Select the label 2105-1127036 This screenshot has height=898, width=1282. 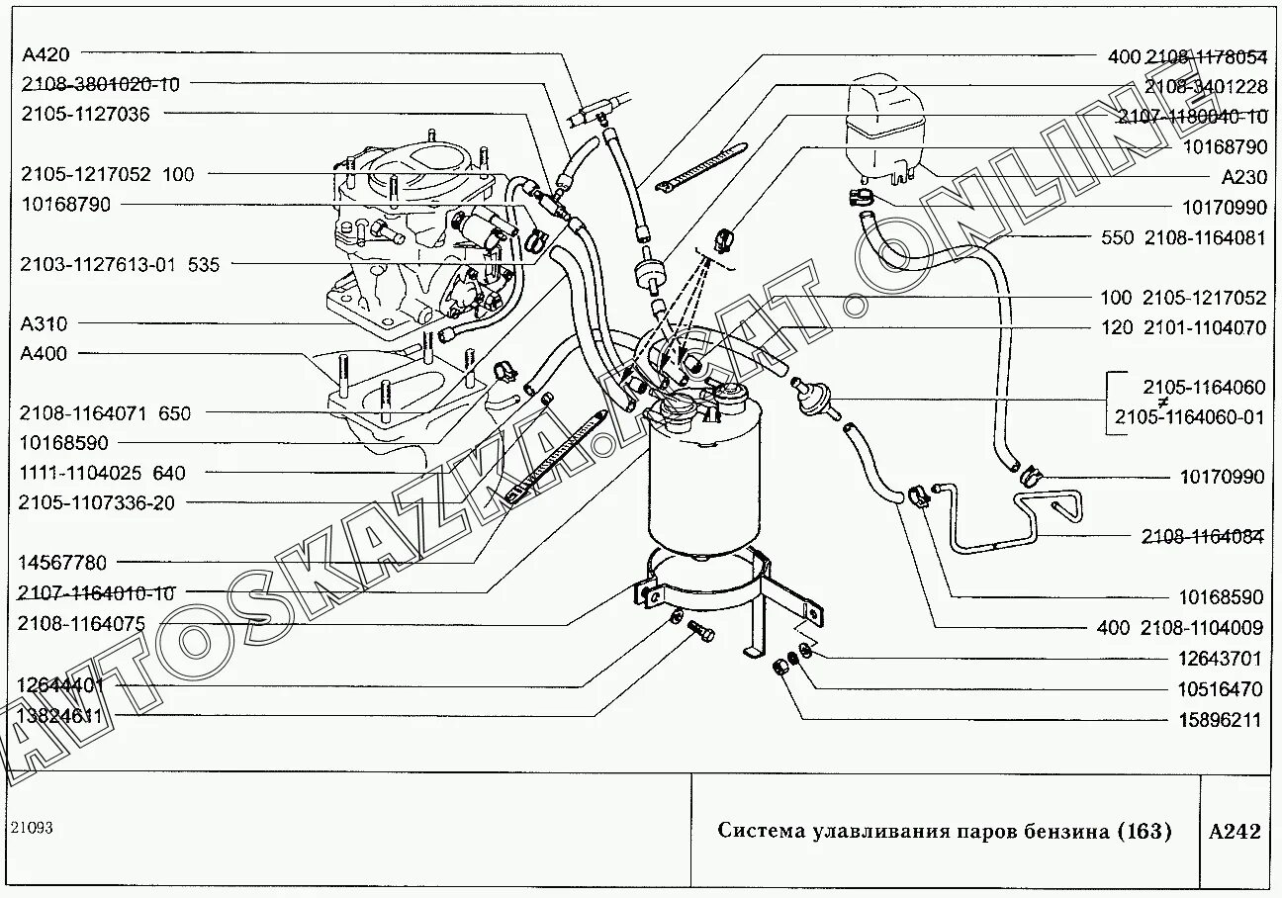85,114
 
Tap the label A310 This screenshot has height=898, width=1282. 42,323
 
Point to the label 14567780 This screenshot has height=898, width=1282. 61,562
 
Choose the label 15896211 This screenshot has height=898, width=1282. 1221,720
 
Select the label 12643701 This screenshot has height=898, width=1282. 1221,658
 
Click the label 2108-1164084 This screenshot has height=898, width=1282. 1203,537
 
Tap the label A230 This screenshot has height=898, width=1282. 1243,177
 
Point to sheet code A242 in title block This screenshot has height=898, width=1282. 1235,831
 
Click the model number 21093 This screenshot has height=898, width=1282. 32,827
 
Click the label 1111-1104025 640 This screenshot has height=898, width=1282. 102,473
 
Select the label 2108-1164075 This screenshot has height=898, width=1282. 81,623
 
